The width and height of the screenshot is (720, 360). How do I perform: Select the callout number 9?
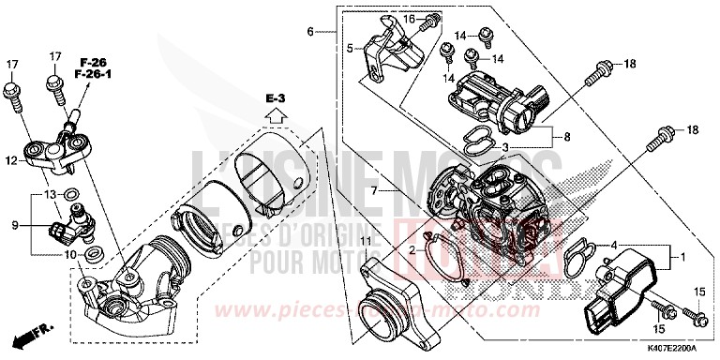coord(15,226)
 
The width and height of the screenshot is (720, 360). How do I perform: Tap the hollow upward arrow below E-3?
coord(274,115)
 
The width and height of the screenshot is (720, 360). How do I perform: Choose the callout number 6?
coord(309,32)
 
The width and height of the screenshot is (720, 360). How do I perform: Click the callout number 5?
coord(349,49)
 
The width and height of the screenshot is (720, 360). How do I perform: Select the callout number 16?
coord(407,19)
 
